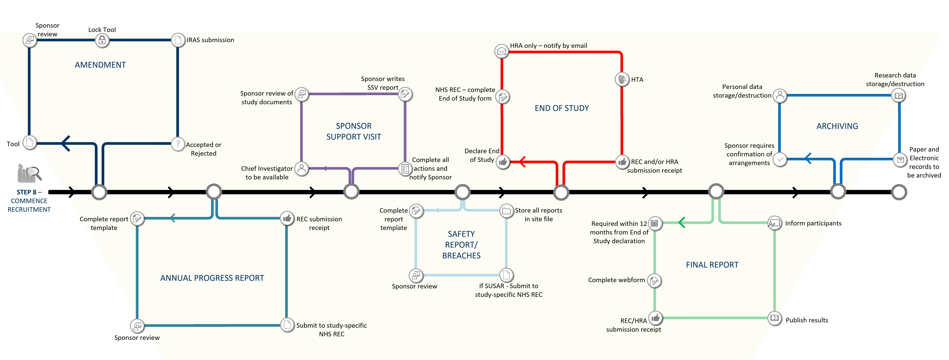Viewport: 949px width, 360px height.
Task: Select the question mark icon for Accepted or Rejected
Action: [x=178, y=144]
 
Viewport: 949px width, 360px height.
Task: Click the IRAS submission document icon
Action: [x=178, y=40]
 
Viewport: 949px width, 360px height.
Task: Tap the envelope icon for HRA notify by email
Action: [x=501, y=51]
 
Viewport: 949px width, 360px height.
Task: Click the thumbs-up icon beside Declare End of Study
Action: [x=503, y=162]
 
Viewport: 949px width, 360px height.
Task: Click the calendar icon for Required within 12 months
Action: [x=655, y=223]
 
